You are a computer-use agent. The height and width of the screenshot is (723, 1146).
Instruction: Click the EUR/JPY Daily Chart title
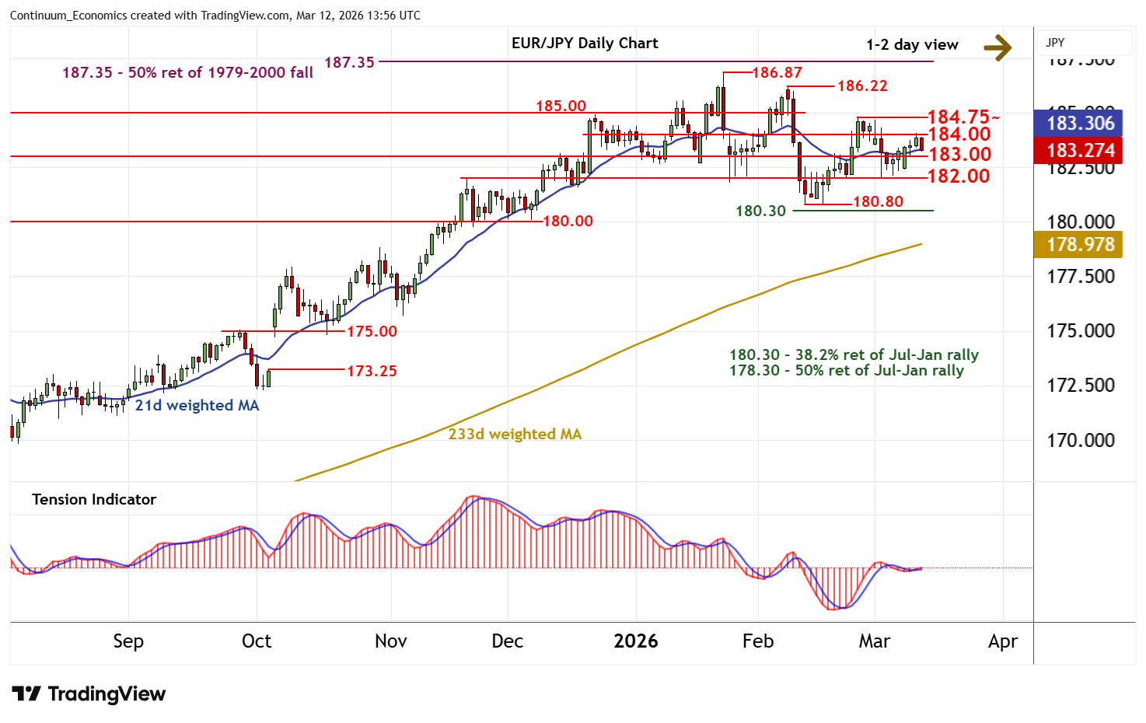click(x=585, y=44)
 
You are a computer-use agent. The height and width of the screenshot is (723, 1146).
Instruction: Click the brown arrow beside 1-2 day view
click(x=998, y=47)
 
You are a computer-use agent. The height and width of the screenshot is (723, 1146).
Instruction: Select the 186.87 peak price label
click(x=777, y=73)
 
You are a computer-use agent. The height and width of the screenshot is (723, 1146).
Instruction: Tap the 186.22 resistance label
click(x=862, y=86)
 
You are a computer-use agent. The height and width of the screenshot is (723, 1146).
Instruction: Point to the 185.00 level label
click(x=561, y=106)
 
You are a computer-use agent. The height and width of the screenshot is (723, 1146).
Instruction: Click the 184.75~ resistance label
click(x=963, y=117)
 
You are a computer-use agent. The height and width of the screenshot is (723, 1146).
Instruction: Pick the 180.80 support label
click(x=878, y=202)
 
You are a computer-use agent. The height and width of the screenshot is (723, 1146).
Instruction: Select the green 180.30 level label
click(x=760, y=211)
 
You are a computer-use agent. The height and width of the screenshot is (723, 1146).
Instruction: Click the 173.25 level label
click(x=372, y=371)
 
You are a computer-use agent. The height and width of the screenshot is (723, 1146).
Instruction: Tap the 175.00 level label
click(x=372, y=331)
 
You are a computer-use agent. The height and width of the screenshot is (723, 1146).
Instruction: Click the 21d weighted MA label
click(x=197, y=405)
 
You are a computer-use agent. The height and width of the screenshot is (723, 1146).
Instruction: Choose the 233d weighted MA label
click(x=515, y=434)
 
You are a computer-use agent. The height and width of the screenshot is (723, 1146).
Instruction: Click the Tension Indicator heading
click(x=94, y=499)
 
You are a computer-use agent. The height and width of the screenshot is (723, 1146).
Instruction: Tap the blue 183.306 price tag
click(x=1080, y=123)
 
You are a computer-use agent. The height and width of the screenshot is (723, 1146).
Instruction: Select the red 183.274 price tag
click(x=1080, y=150)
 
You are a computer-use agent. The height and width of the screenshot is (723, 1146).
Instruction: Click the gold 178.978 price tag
click(x=1080, y=244)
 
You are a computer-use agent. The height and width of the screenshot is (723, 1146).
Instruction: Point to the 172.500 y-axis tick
click(x=1080, y=385)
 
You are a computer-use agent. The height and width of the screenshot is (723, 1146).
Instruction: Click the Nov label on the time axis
click(x=390, y=641)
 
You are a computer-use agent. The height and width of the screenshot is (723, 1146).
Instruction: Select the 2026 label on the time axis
click(x=635, y=641)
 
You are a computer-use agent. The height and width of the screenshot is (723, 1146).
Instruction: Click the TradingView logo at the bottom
click(x=89, y=693)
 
